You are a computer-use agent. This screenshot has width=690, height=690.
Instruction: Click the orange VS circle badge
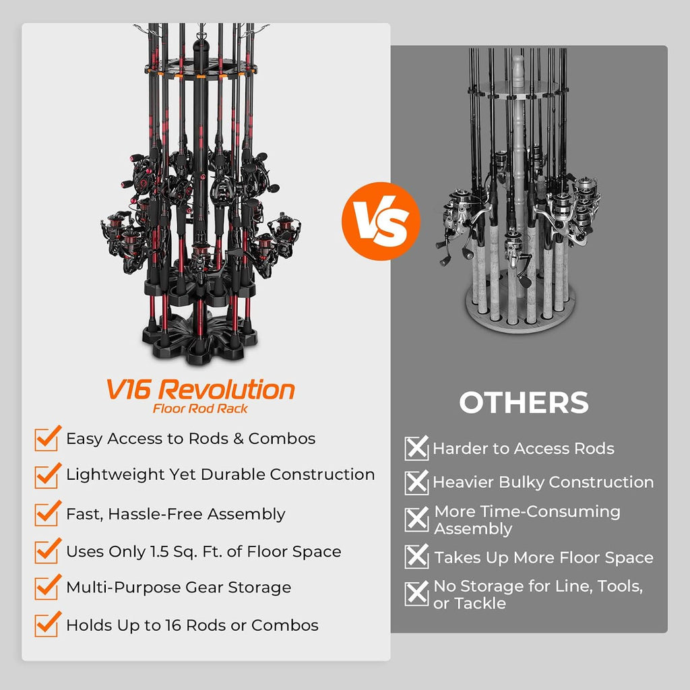381,221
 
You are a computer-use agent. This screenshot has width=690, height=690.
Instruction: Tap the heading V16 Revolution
200,389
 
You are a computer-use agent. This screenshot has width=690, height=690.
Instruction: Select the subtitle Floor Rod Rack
200,409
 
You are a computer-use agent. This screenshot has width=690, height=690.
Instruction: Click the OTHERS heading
524,402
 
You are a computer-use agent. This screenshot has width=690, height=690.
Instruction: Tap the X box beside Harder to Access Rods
416,448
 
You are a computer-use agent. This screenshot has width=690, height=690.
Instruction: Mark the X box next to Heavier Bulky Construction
416,482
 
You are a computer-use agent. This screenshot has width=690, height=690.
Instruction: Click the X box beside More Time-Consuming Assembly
416,520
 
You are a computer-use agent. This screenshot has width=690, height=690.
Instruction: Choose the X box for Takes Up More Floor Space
416,557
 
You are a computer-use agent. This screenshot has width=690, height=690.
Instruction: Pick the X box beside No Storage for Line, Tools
416,594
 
